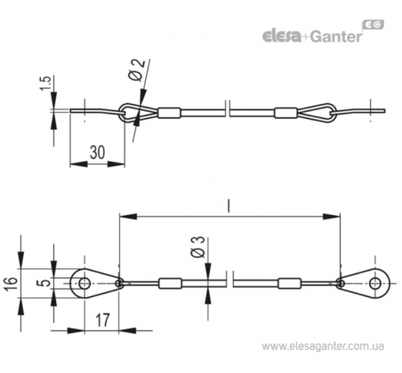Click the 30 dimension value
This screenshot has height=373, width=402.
pos(98,153)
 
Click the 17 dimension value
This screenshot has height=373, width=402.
pos(102,320)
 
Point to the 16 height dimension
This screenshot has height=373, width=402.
pos(12,283)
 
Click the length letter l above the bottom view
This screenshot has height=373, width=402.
pos(228,206)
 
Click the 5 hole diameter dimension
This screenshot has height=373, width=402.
pos(44,283)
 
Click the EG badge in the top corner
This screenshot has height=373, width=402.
pos(374,25)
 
